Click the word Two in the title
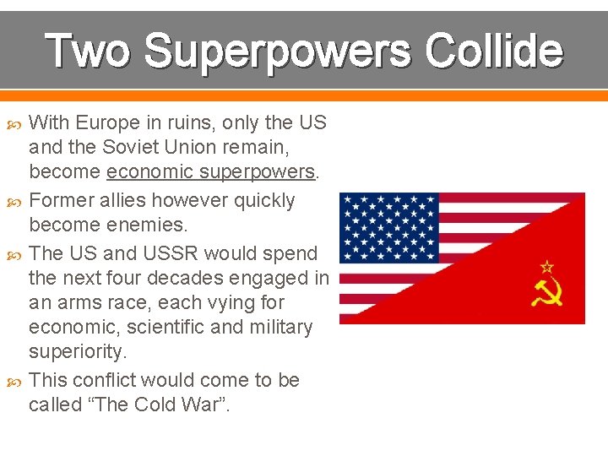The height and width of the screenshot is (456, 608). tap(88, 51)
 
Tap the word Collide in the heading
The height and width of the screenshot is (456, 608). tap(494, 51)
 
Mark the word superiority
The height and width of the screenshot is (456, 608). tap(77, 350)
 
